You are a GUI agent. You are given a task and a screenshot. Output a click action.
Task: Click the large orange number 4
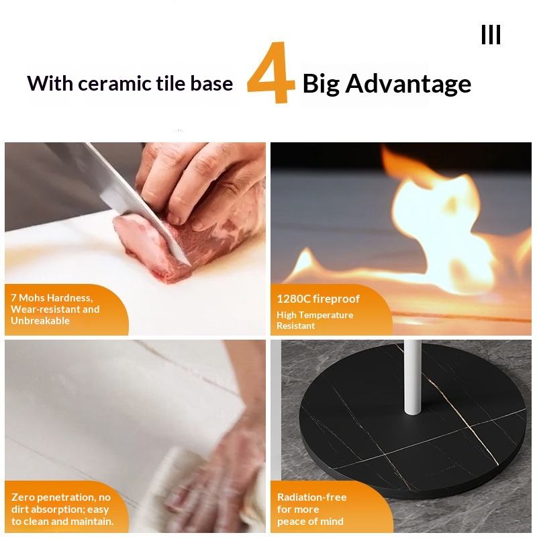click(x=271, y=72)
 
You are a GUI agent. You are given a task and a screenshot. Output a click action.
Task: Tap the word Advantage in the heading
click(x=408, y=84)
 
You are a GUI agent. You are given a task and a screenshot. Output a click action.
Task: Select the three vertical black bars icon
click(x=491, y=35)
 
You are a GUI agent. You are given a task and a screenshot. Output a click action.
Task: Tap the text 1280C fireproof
click(x=318, y=299)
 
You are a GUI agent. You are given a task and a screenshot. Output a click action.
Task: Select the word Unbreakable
click(x=40, y=321)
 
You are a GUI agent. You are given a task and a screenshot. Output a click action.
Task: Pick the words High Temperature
click(x=315, y=315)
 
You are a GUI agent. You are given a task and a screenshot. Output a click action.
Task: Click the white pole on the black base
click(x=412, y=377)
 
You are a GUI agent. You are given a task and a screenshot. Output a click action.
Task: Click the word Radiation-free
click(x=311, y=497)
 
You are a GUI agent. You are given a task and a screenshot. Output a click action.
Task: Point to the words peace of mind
click(x=310, y=522)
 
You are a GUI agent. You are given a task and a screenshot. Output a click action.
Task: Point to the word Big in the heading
click(x=322, y=84)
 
